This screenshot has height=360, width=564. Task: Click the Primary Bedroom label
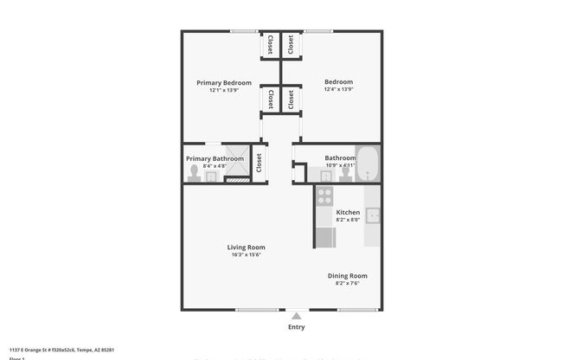(218, 82)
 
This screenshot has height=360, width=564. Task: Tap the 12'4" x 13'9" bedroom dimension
(338, 90)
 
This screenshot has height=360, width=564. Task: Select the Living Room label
(247, 247)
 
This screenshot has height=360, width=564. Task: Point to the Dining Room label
(347, 275)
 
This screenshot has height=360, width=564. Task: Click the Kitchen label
(348, 212)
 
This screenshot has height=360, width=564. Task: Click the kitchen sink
(373, 215)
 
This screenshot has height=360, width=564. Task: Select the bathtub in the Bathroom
(369, 164)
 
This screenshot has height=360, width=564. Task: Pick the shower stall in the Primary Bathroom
(234, 174)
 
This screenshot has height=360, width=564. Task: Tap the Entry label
(296, 327)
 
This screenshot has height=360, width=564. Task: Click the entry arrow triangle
(296, 316)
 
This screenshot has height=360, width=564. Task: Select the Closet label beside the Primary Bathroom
(258, 163)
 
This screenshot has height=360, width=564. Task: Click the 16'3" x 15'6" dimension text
(247, 254)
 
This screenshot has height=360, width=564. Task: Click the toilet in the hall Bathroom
(345, 172)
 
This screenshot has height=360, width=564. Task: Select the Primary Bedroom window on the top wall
(242, 32)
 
